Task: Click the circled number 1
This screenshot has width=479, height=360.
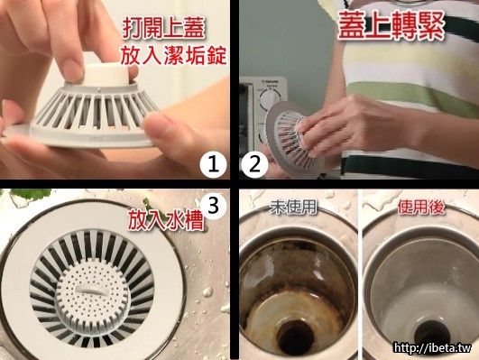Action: pos(213,165)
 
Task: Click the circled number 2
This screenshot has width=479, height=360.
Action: pos(254,165)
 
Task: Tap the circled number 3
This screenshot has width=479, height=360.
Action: pos(213,206)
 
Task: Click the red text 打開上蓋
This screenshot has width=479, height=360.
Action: pos(163,29)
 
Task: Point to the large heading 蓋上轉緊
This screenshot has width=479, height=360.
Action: pos(391,26)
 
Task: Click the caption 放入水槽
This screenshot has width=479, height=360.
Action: pos(166,220)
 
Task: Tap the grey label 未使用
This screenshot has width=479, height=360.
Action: pos(293,208)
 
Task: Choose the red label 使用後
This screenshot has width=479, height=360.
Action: pos(421,208)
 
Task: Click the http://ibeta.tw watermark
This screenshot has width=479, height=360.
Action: pos(433,347)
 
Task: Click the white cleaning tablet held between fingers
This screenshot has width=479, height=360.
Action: pos(107,74)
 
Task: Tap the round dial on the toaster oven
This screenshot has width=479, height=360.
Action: pos(271,98)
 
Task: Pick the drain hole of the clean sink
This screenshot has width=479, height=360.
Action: pos(428,336)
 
